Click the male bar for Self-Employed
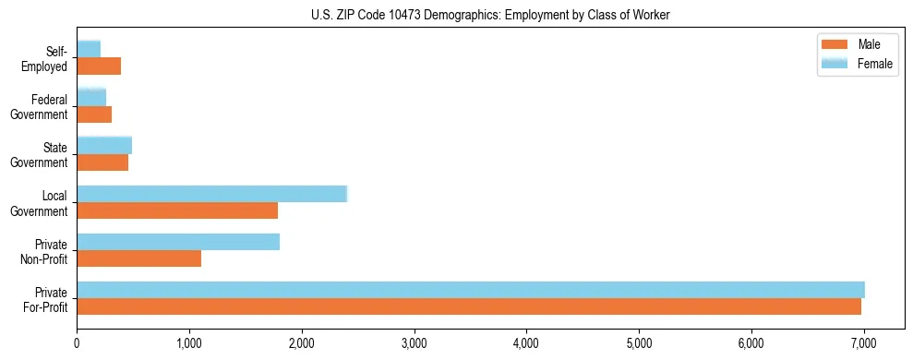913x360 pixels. click(x=99, y=66)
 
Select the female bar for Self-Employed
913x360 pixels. click(x=89, y=49)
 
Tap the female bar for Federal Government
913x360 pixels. click(x=91, y=97)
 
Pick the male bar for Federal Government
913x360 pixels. click(x=94, y=114)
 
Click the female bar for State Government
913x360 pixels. click(x=104, y=145)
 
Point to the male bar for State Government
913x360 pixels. click(x=102, y=162)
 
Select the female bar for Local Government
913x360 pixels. click(x=211, y=194)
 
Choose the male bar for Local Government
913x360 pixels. click(x=177, y=210)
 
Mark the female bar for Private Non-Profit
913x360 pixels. click(x=178, y=242)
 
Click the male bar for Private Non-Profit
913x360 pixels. click(x=138, y=259)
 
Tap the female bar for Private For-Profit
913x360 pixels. click(x=471, y=290)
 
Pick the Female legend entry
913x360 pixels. click(x=856, y=63)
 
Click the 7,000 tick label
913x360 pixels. click(x=863, y=344)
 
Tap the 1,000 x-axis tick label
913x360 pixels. click(x=189, y=344)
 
